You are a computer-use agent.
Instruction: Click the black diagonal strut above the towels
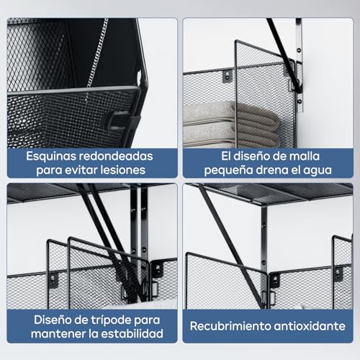281,47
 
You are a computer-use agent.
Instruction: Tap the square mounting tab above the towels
227,75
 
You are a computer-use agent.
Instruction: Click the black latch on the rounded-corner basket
115,120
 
